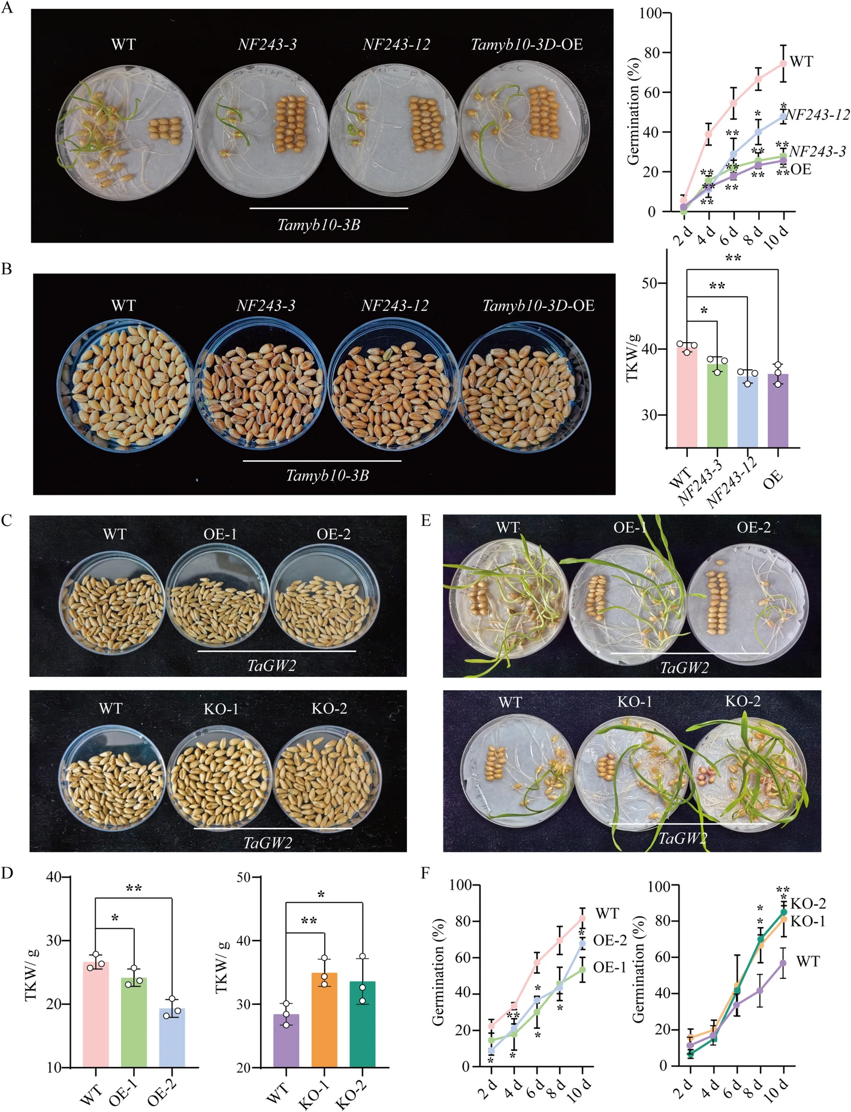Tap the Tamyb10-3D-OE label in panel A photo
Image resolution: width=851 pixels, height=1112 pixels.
526,44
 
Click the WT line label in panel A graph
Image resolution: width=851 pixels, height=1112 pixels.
801,62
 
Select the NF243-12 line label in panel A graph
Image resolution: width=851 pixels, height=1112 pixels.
817,115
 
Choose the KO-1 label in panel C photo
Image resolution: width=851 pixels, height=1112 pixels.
221,709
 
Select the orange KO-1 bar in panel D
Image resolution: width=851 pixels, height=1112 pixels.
324,1019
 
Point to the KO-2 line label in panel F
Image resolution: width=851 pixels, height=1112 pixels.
808,903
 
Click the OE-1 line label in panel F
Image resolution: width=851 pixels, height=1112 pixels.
609,967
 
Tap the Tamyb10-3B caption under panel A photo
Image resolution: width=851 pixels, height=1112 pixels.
318,225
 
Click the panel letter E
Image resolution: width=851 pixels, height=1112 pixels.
426,521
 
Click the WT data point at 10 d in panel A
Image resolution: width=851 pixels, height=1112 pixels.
783,63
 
